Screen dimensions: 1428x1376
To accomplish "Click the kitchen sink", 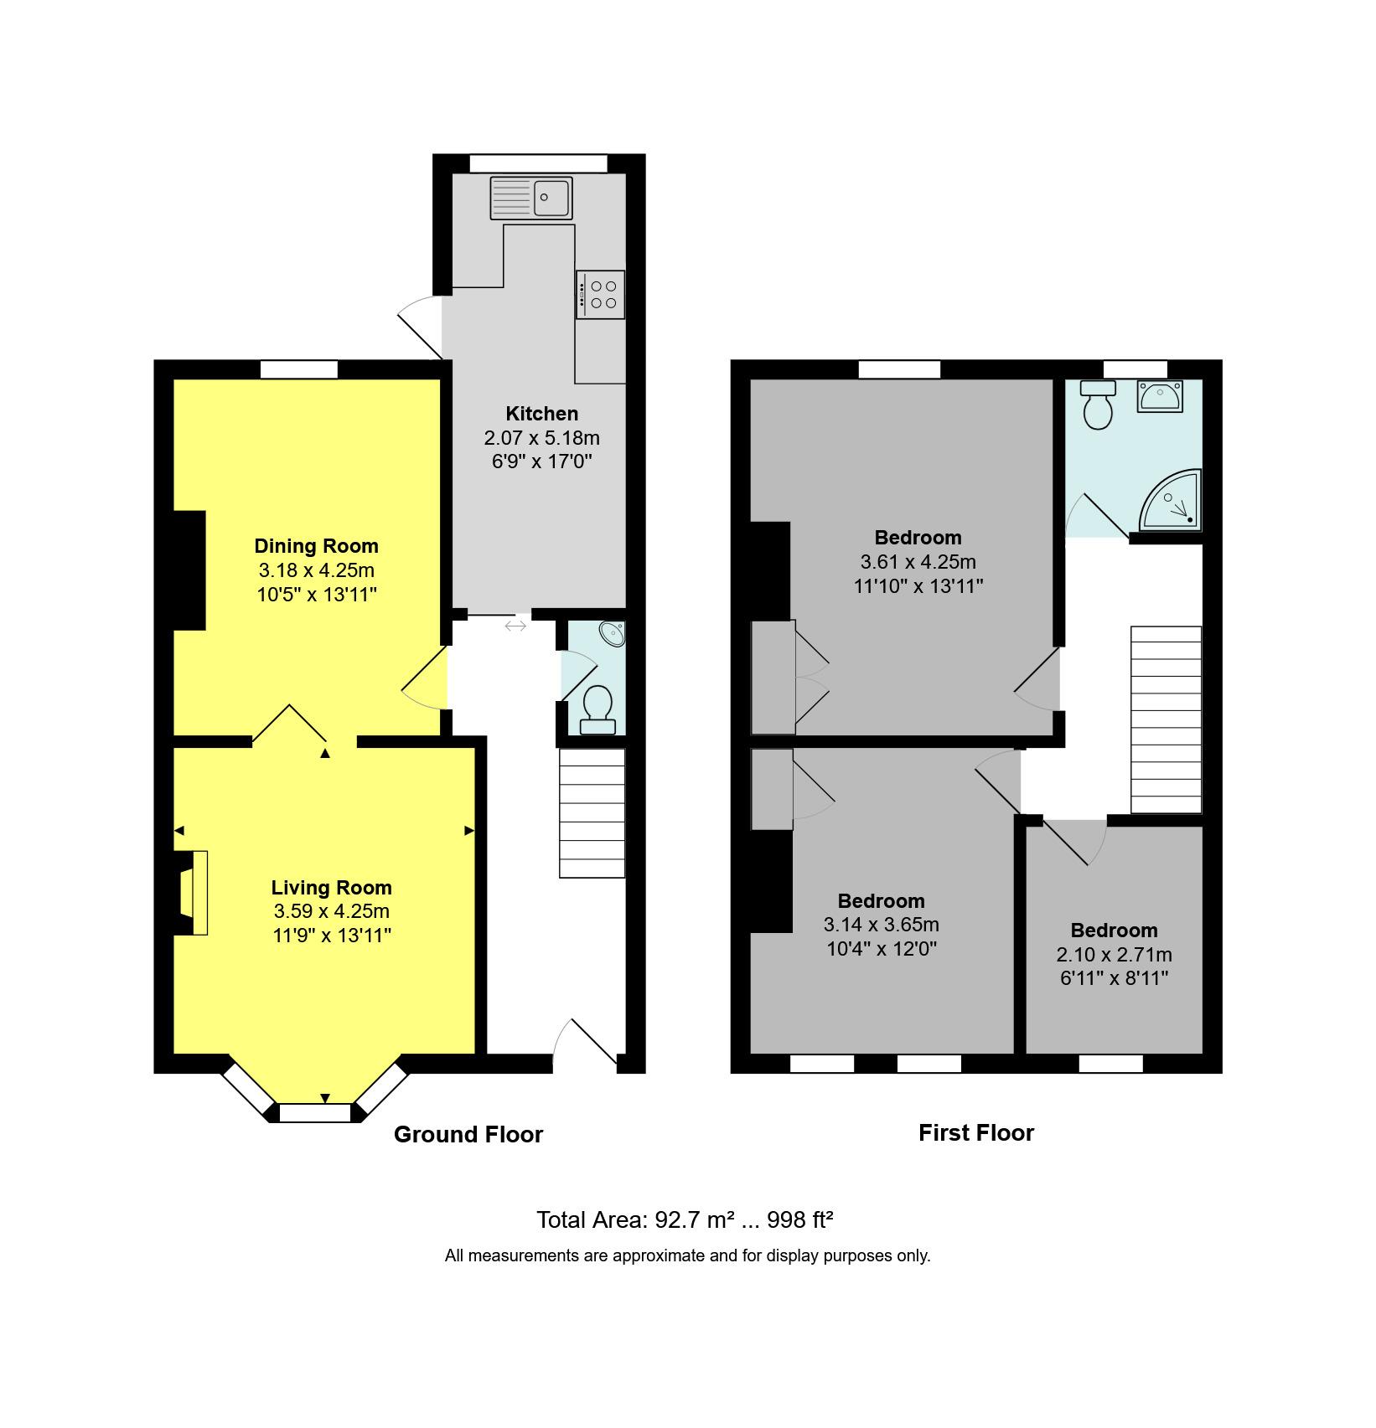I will pos(531,198).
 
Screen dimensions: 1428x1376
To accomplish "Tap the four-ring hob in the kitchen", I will pos(601,294).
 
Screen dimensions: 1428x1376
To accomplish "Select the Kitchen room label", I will pos(541,414).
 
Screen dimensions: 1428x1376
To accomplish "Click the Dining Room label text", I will pos(316,546).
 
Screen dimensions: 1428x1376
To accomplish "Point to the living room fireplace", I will pos(192,893).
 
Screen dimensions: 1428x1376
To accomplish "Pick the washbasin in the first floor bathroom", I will pos(1159,395).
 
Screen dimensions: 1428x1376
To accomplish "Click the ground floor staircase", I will pos(592,812).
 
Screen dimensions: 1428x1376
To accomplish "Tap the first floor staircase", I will pos(1166,719).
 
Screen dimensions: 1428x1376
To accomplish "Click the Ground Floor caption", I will pos(468,1135).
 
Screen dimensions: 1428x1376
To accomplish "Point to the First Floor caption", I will pos(975,1133).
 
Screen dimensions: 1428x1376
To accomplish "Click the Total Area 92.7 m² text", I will pos(684,1219).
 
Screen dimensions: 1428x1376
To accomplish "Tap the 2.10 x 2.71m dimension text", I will pos(1114,955).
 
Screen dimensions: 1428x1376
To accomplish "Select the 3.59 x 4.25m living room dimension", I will pos(331,911).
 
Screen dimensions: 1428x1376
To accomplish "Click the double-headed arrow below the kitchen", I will pos(515,626).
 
